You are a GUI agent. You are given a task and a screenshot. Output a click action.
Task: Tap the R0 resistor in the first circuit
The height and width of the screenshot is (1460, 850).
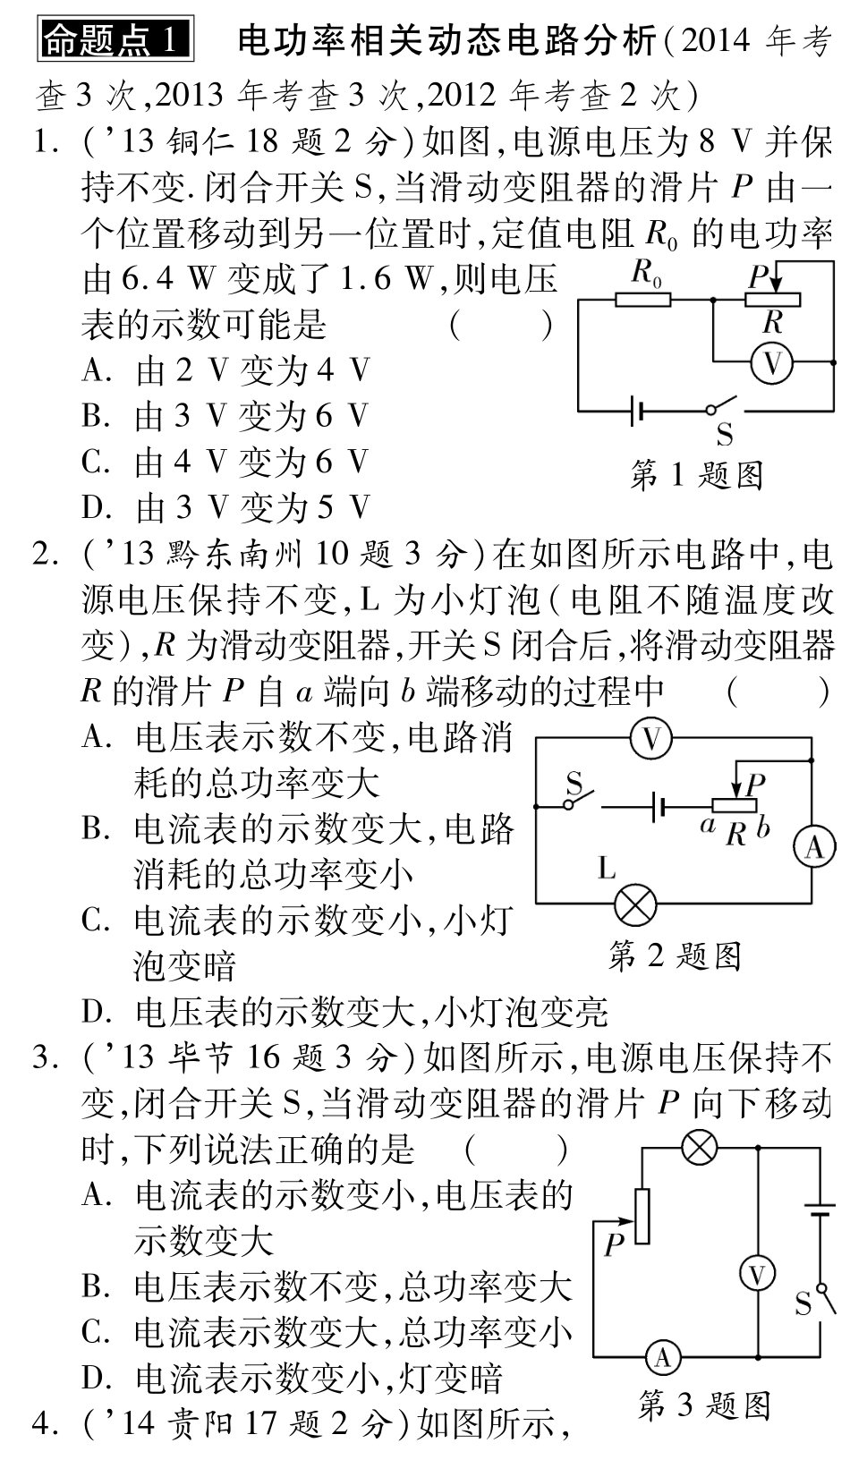pyautogui.click(x=642, y=299)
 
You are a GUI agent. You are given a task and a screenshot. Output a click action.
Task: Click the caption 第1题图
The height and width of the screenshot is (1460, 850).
pyautogui.click(x=697, y=474)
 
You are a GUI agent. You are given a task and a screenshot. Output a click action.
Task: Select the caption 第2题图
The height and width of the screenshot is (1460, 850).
pyautogui.click(x=675, y=956)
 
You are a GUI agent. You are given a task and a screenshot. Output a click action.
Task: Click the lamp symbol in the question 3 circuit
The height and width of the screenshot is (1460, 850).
pyautogui.click(x=699, y=1148)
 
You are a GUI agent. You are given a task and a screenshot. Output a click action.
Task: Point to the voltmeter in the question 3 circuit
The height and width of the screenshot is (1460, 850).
pyautogui.click(x=758, y=1273)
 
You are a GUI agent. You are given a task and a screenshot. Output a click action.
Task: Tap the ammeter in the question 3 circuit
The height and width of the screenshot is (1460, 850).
pyautogui.click(x=663, y=1359)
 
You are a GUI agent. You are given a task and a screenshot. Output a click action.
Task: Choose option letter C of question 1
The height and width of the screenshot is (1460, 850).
pyautogui.click(x=95, y=463)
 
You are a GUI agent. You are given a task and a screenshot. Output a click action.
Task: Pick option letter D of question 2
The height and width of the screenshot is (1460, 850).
pyautogui.click(x=95, y=1012)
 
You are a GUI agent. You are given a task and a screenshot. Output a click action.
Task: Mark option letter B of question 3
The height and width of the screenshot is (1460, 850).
pyautogui.click(x=95, y=1286)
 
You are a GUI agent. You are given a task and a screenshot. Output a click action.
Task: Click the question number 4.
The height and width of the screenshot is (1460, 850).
pyautogui.click(x=44, y=1422)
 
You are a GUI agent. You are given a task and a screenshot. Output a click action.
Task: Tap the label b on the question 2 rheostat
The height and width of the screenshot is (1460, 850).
pyautogui.click(x=763, y=828)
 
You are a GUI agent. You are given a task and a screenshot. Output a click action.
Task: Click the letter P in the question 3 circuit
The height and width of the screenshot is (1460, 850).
pyautogui.click(x=613, y=1244)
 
